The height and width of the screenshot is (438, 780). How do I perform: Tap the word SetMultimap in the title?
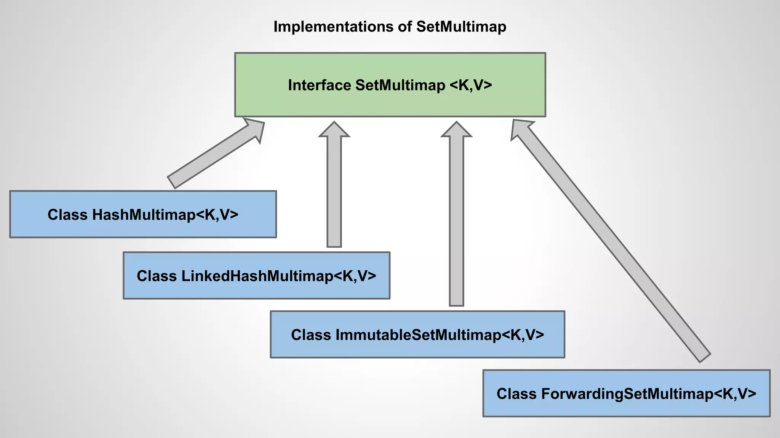coord(461,27)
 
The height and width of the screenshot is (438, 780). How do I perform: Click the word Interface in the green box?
coord(319,85)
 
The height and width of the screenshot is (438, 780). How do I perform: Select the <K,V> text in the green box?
coord(471,85)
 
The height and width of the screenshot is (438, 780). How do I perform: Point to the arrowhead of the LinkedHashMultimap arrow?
coord(334,130)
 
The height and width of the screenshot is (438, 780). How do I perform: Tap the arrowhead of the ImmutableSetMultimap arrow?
coord(456,130)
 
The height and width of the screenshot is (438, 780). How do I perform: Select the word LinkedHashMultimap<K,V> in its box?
coord(279,276)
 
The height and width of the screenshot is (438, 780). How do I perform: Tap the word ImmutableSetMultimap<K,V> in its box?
coord(440,335)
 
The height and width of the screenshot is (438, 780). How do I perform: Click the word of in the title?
coord(405,27)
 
